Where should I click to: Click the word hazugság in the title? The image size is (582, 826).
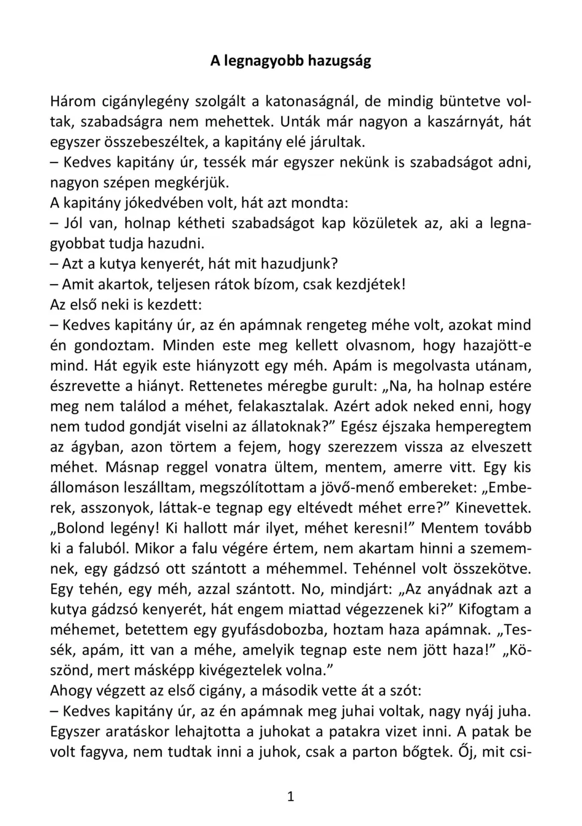click(339, 61)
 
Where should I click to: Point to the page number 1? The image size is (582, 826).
click(291, 797)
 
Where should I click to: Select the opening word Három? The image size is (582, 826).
click(73, 101)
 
